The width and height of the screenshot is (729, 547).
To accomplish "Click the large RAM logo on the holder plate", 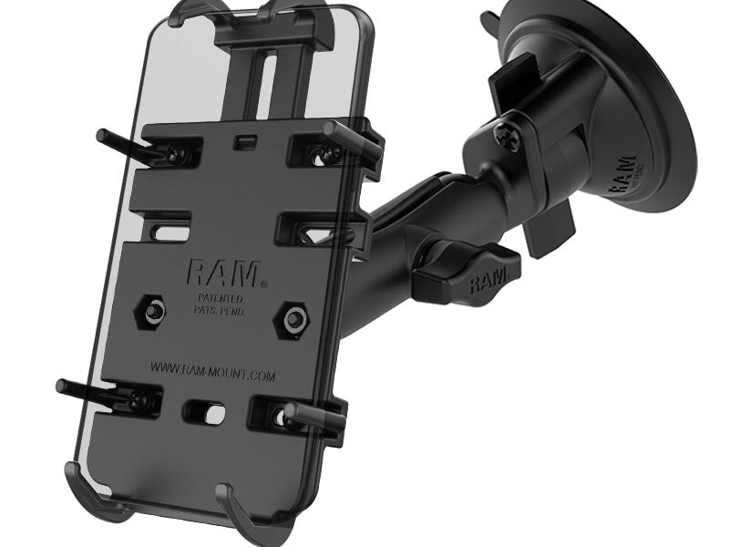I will pos(222,272).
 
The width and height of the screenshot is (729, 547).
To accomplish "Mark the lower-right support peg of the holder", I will pos(314,417).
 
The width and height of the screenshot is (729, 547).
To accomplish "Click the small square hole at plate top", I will pos(242,143).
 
